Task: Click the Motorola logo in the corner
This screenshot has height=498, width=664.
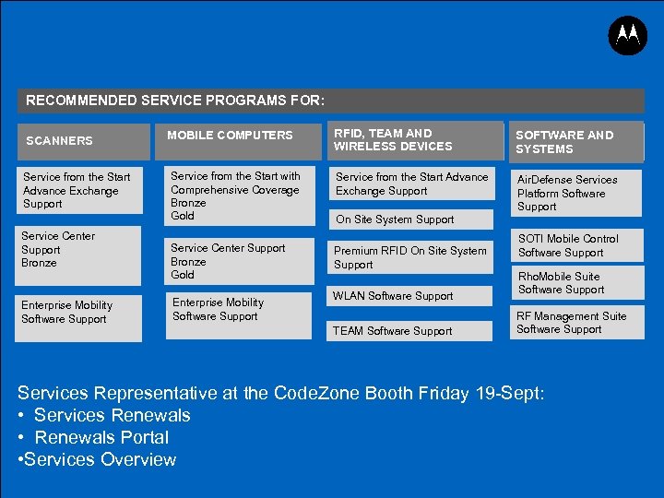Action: pyautogui.click(x=628, y=36)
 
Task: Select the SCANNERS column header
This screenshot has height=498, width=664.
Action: pyautogui.click(x=59, y=141)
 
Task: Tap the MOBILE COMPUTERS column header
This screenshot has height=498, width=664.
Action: pyautogui.click(x=230, y=136)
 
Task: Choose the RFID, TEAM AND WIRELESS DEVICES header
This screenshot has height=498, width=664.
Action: pyautogui.click(x=393, y=139)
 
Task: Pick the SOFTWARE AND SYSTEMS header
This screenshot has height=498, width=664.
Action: pyautogui.click(x=564, y=142)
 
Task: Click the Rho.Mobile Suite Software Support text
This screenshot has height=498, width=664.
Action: pyautogui.click(x=561, y=283)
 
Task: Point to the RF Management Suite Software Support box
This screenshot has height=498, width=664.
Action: pyautogui.click(x=571, y=323)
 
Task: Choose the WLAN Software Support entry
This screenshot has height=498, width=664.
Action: pyautogui.click(x=393, y=296)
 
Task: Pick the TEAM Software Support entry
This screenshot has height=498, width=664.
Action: pyautogui.click(x=392, y=331)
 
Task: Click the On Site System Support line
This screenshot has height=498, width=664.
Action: pyautogui.click(x=395, y=219)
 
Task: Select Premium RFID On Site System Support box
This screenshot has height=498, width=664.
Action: pyautogui.click(x=409, y=257)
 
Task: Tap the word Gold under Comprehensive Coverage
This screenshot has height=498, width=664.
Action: pyautogui.click(x=183, y=216)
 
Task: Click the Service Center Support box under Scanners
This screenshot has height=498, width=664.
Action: pyautogui.click(x=77, y=249)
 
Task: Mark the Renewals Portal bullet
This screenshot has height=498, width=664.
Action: pyautogui.click(x=101, y=437)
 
